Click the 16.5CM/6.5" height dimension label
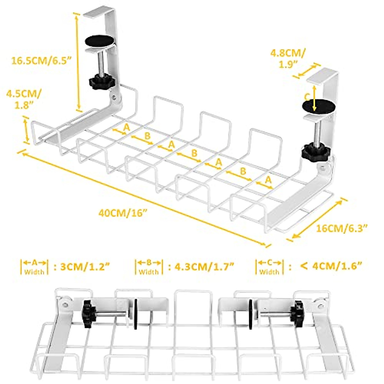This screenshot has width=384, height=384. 41,60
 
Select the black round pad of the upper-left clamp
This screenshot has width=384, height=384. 100,41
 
